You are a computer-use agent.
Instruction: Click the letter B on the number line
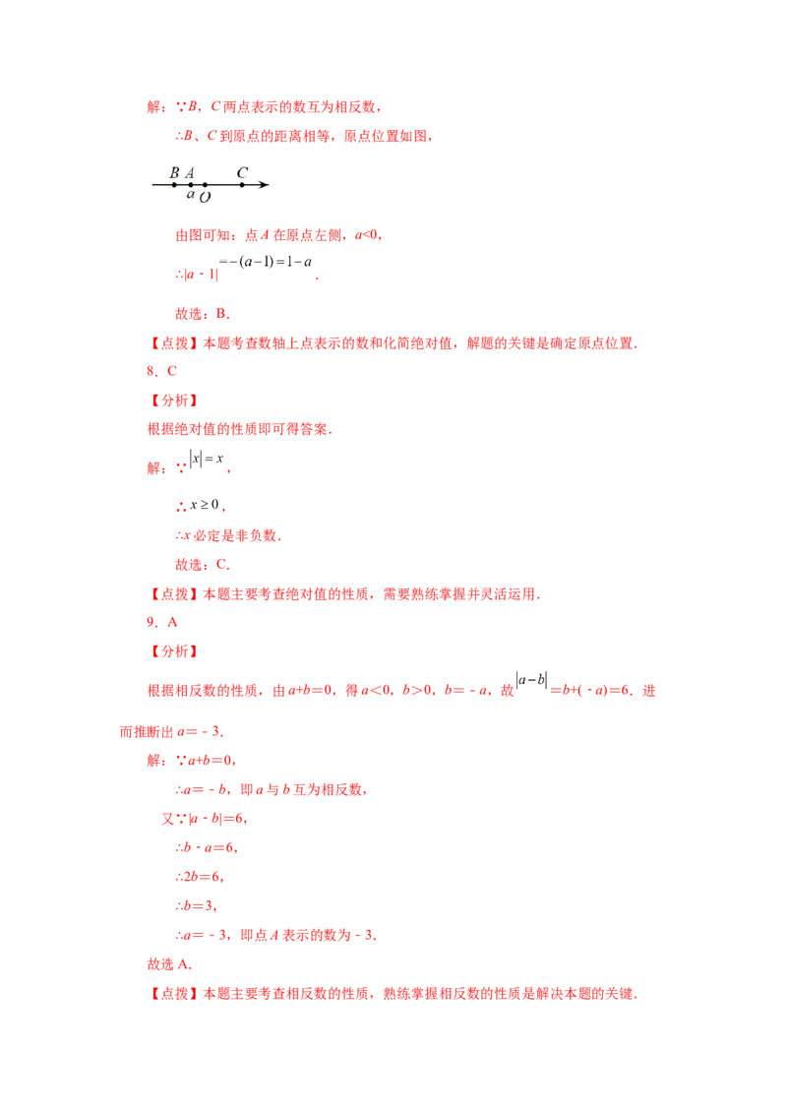[x=174, y=172]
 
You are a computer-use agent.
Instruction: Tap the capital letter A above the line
[x=190, y=172]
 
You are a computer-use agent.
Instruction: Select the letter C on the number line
[x=242, y=172]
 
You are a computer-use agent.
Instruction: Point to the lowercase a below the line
[x=190, y=195]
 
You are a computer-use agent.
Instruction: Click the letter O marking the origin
[x=205, y=197]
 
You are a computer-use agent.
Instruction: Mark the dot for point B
[x=174, y=184]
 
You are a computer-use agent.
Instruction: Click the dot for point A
[x=191, y=184]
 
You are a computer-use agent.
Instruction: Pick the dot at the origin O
[x=205, y=184]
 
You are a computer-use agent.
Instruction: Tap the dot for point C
[x=242, y=184]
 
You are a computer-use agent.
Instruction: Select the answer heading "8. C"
[x=162, y=371]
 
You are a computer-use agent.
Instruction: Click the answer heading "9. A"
[x=162, y=622]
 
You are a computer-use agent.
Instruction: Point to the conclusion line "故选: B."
[x=204, y=315]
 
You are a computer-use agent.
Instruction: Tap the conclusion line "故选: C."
[x=204, y=566]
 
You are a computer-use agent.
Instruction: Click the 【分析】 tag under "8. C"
[x=173, y=401]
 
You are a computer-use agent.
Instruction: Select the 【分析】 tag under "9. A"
[x=173, y=651]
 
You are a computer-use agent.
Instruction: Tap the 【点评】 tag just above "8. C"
[x=173, y=342]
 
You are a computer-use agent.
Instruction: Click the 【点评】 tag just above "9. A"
[x=173, y=594]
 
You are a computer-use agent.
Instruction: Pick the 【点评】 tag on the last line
[x=173, y=994]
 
